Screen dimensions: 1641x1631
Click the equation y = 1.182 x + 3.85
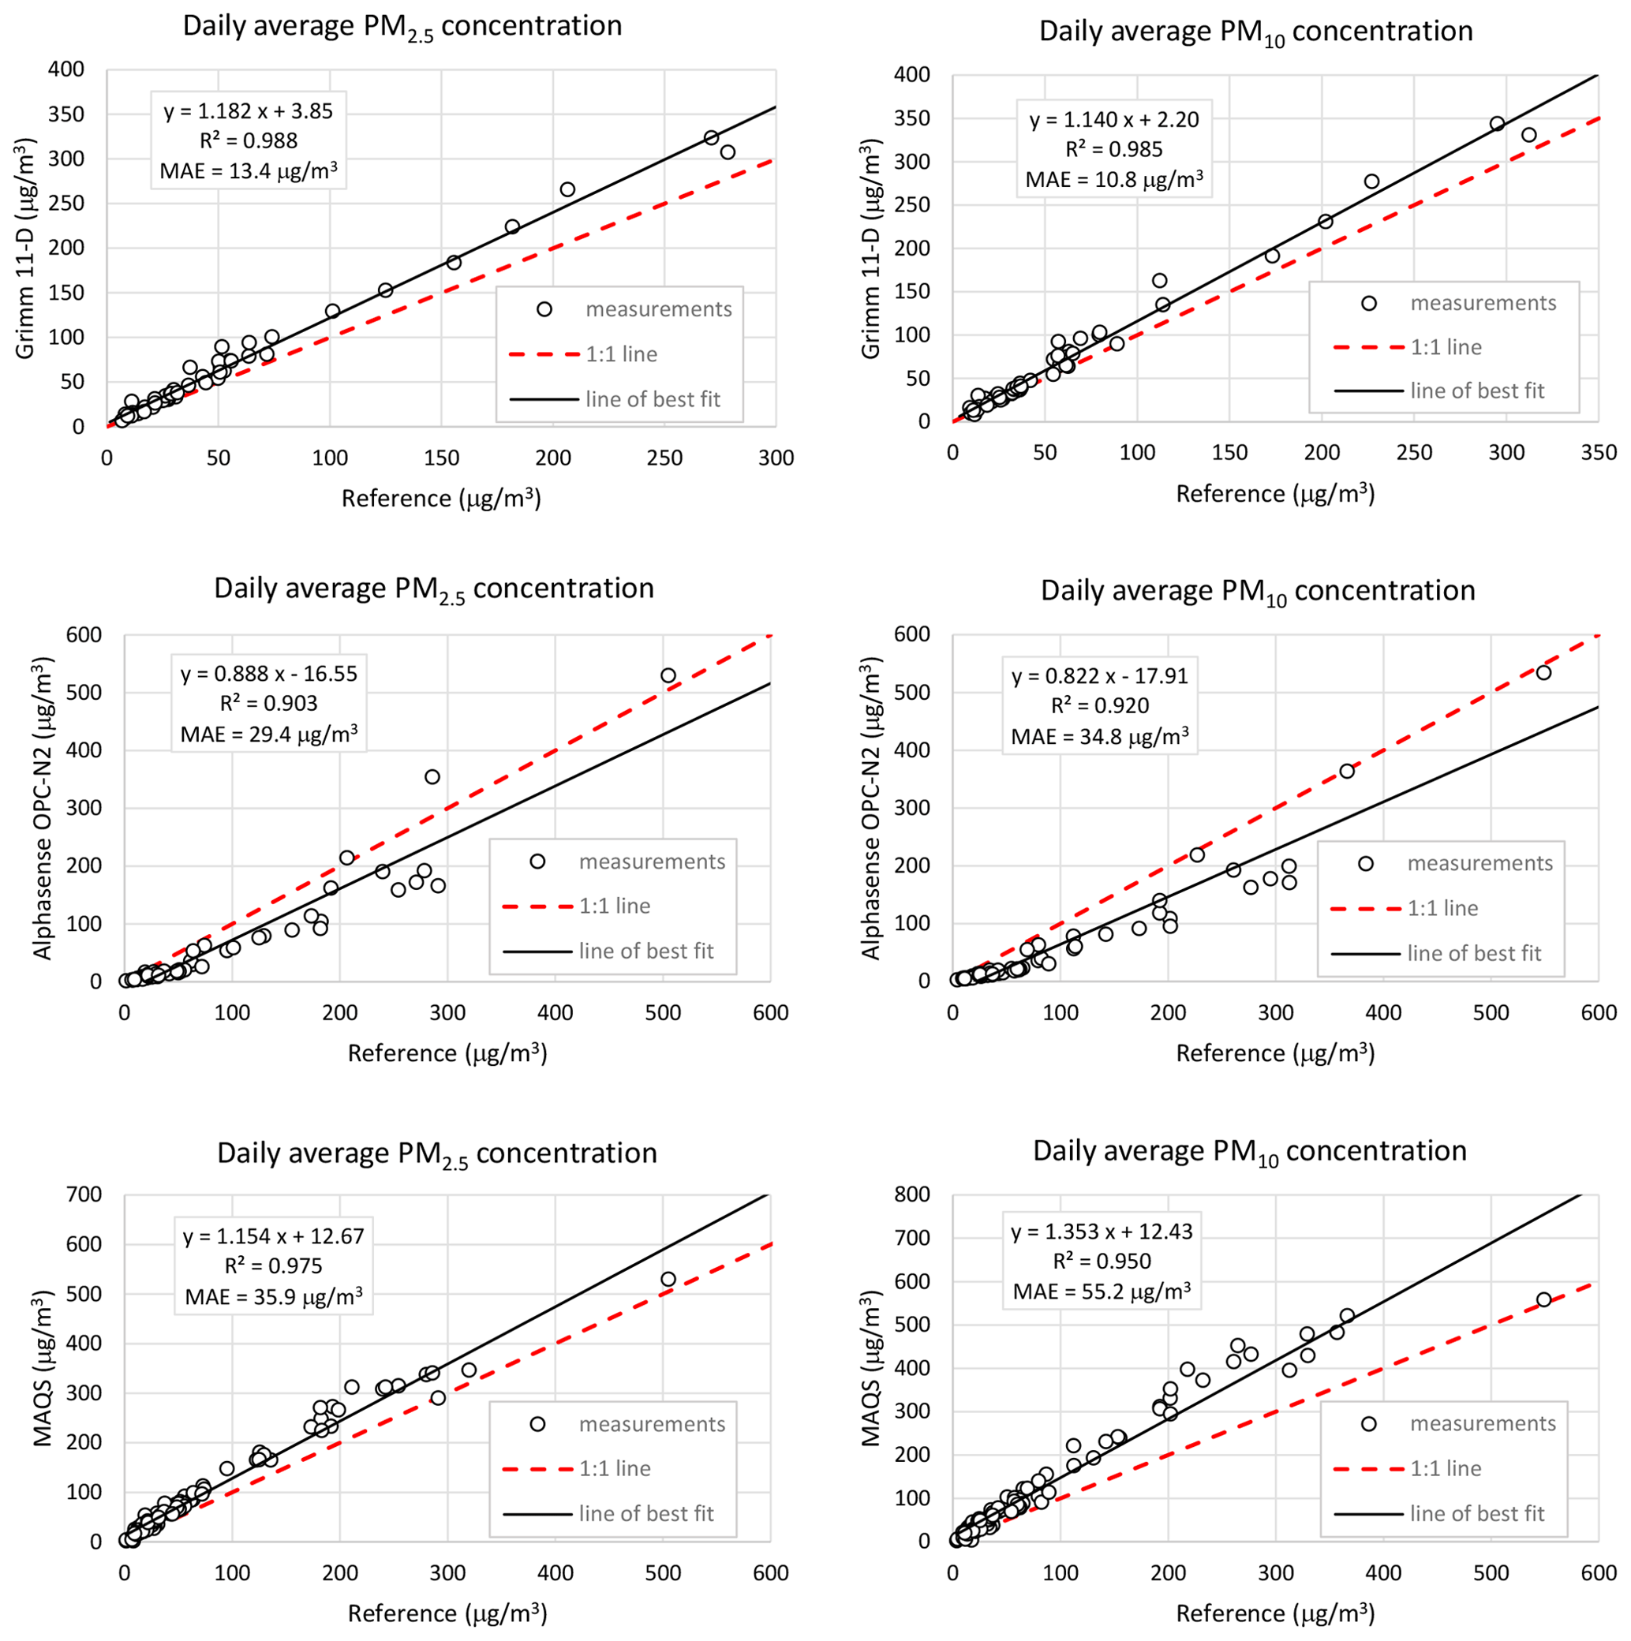tap(248, 111)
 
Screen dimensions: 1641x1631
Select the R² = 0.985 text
tap(1113, 149)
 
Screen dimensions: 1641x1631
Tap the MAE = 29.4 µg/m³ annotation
tap(268, 734)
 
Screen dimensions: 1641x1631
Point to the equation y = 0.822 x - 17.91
tap(1099, 676)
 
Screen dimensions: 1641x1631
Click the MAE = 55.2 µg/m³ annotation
tap(1101, 1292)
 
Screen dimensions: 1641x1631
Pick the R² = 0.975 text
tap(274, 1266)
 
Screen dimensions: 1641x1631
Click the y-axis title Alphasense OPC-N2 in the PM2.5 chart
tap(43, 808)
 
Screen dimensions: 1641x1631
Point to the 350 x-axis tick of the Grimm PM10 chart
tap(1598, 453)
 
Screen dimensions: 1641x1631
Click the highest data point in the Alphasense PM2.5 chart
tap(668, 676)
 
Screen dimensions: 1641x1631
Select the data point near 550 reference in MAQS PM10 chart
tap(1543, 1299)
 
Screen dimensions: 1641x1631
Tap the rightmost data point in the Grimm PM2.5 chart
tap(728, 152)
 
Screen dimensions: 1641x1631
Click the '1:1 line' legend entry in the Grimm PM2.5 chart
tap(621, 354)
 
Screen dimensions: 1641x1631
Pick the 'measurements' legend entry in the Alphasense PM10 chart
tap(1479, 863)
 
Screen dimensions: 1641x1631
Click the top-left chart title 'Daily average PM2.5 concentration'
tap(402, 26)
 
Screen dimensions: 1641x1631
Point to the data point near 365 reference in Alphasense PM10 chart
tap(1346, 772)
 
